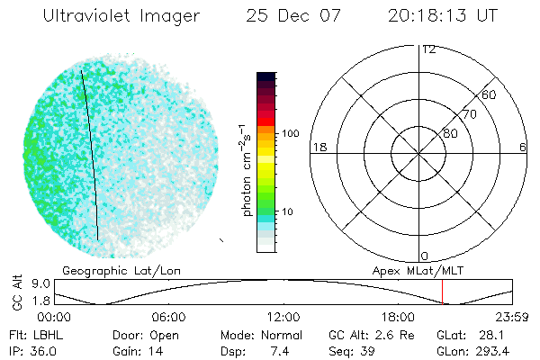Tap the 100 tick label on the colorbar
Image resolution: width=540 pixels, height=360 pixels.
[x=289, y=133]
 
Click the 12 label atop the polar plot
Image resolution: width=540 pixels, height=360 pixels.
[x=428, y=49]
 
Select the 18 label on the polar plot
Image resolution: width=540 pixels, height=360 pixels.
[x=318, y=147]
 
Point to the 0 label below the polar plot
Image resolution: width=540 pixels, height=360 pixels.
[x=425, y=256]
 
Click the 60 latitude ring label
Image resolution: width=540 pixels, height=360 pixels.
[x=489, y=94]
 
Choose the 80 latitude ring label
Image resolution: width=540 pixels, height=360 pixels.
[x=450, y=133]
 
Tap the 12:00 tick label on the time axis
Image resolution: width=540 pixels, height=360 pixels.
[x=284, y=317]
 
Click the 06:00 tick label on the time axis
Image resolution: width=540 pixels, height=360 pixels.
[x=169, y=317]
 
